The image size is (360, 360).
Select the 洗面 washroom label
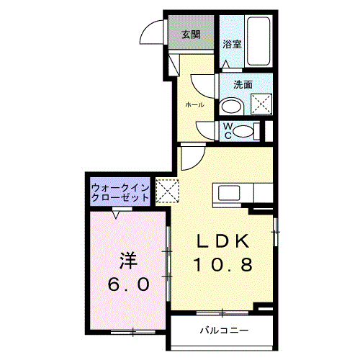[x=243, y=84]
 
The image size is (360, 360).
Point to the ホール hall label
[x=194, y=105]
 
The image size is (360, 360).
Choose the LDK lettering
[x=222, y=241]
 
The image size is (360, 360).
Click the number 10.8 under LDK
[x=222, y=265]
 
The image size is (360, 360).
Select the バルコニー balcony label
[x=223, y=331]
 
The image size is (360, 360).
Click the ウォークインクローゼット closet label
[x=120, y=192]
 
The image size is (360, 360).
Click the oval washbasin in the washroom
[x=232, y=107]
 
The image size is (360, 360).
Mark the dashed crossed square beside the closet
[x=166, y=191]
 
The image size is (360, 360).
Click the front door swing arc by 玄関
[x=153, y=34]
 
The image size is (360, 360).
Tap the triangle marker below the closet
[x=117, y=213]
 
